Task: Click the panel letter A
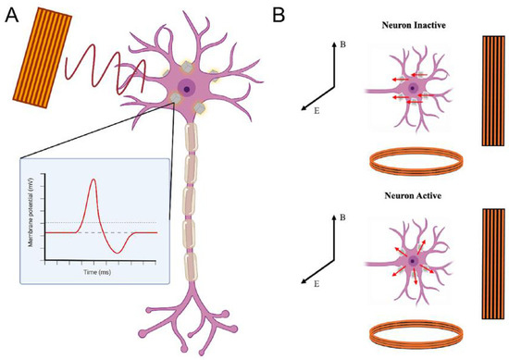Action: (x=12, y=15)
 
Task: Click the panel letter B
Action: (x=279, y=15)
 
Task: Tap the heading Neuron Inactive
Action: (x=414, y=25)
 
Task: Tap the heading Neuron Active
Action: (x=413, y=196)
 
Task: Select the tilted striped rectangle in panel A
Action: (x=43, y=57)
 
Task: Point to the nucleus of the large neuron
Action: (x=186, y=88)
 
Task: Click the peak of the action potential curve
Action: (x=93, y=179)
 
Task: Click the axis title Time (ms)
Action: (x=97, y=272)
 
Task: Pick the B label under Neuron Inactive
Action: (x=342, y=44)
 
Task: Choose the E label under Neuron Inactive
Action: (x=317, y=111)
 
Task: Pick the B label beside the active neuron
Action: (x=342, y=217)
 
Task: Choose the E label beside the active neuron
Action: (x=317, y=284)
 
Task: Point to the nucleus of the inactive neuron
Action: (x=413, y=88)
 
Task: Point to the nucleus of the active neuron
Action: (x=413, y=261)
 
